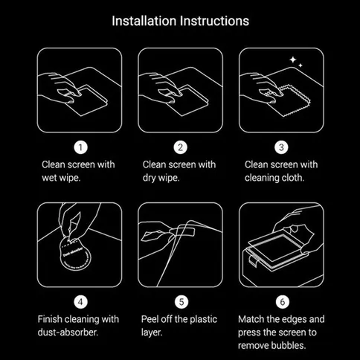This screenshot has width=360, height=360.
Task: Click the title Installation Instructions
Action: [x=180, y=20]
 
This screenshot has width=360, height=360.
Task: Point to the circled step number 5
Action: [x=179, y=301]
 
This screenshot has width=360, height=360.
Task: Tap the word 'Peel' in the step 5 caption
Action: [x=152, y=319]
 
